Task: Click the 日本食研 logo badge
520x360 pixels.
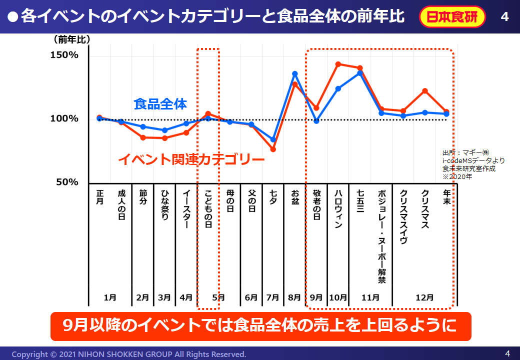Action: point(452,17)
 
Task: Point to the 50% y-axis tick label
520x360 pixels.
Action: point(66,182)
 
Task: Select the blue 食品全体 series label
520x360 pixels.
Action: point(160,104)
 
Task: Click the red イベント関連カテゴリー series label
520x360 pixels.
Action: point(191,160)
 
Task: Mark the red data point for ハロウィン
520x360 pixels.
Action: point(338,64)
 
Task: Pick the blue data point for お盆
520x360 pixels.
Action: point(295,73)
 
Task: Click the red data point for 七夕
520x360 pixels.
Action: point(273,149)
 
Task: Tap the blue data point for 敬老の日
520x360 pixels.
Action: point(316,121)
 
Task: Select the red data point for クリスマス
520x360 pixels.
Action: point(425,90)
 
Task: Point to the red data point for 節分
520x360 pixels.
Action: point(143,137)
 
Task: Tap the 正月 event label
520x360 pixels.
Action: point(99,197)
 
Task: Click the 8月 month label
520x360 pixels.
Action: point(294,297)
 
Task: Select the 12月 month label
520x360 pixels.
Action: point(424,297)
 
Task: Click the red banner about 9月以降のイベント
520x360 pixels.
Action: point(260,326)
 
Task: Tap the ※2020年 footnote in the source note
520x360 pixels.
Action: point(456,176)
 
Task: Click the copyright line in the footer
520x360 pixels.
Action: point(129,354)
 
